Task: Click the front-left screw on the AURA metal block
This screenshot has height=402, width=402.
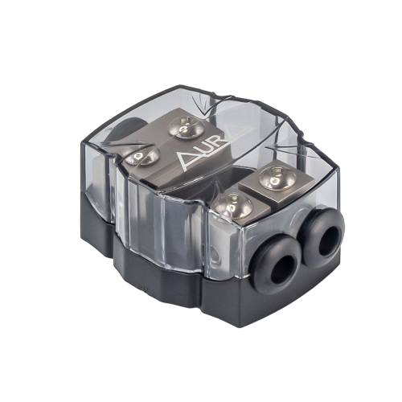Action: [x=142, y=157]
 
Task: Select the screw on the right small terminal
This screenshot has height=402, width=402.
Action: [x=277, y=178]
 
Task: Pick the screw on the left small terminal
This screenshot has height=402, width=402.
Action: [x=234, y=207]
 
